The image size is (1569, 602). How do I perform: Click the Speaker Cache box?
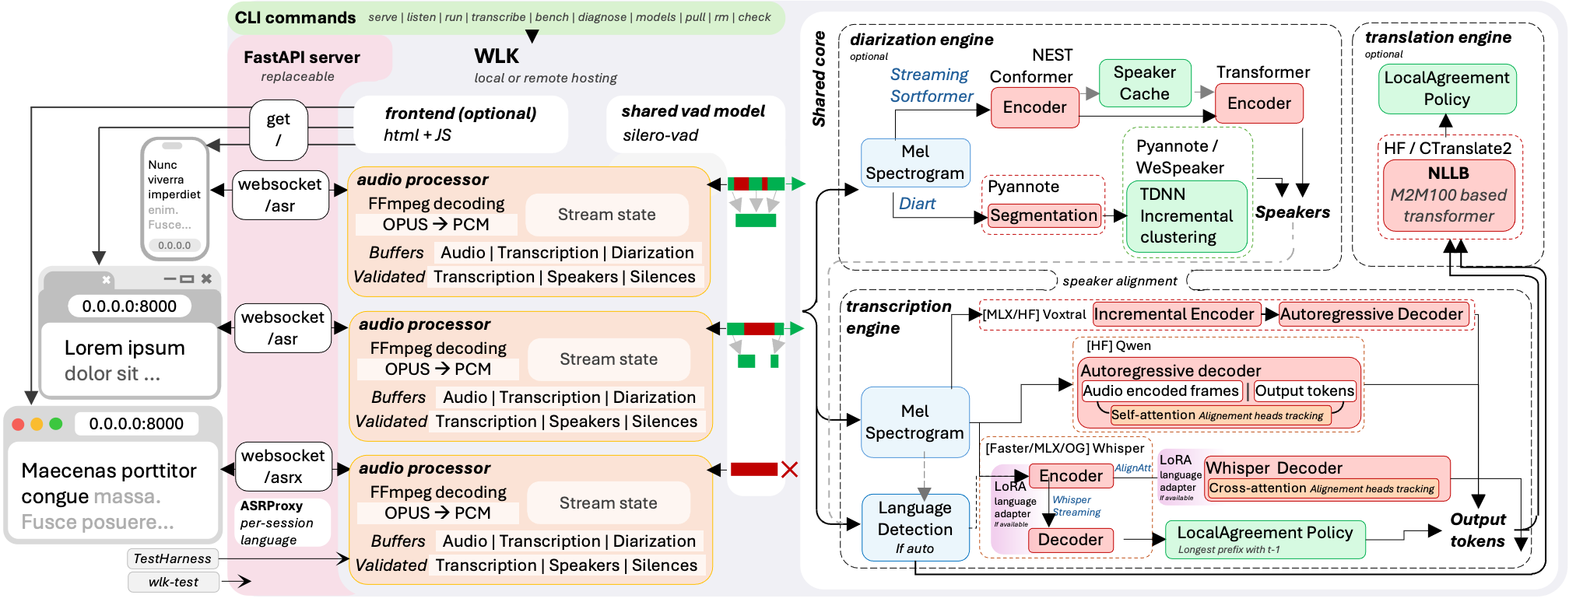(1144, 83)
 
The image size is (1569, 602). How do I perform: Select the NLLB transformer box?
(1448, 195)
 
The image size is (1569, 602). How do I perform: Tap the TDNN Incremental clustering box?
(1186, 216)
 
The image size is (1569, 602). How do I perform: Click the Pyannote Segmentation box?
(1043, 215)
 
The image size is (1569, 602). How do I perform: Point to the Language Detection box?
(914, 528)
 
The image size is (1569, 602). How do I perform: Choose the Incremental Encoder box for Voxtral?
(1176, 314)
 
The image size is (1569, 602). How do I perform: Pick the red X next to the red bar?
(789, 469)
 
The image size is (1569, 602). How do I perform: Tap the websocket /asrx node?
(283, 467)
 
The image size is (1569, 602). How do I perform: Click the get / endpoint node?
(278, 130)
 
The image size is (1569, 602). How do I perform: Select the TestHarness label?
(172, 558)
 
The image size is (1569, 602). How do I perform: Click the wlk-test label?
(173, 582)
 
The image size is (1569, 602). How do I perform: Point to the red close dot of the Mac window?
(19, 424)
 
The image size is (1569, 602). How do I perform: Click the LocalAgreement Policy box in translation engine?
(1447, 89)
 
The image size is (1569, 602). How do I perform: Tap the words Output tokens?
(1477, 530)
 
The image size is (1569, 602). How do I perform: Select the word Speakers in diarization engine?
(1292, 212)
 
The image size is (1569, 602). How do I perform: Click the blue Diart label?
(917, 204)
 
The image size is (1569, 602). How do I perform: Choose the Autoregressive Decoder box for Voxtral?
(1373, 314)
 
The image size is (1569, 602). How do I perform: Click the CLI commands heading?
(295, 18)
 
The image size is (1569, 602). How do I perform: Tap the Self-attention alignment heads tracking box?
(1219, 415)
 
